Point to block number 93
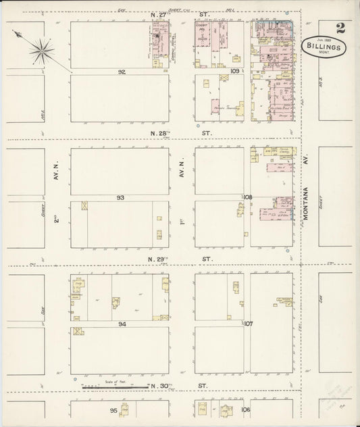[121, 197]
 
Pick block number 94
[122, 324]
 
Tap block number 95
[114, 410]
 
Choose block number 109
[235, 70]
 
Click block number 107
[248, 324]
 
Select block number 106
[245, 410]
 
